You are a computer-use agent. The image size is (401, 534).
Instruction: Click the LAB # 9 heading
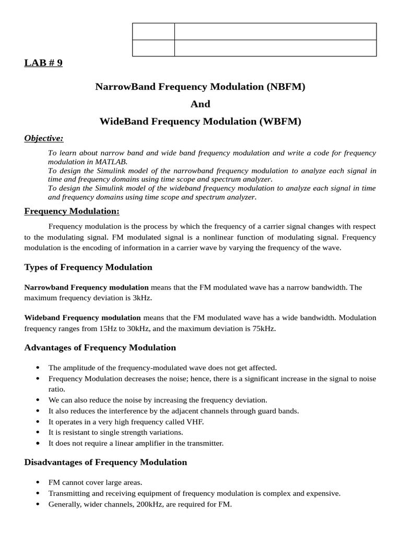tap(43, 63)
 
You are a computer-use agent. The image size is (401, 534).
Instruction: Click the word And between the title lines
tap(200, 104)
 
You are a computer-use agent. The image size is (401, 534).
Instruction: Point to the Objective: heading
tap(44, 138)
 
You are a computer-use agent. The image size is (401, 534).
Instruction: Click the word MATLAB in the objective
tap(112, 162)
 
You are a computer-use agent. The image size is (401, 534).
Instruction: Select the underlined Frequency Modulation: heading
tap(72, 211)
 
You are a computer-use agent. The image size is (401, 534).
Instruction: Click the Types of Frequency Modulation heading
tap(88, 268)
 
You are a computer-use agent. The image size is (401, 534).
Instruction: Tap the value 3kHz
tap(142, 298)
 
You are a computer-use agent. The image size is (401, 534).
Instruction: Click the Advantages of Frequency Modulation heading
tap(100, 348)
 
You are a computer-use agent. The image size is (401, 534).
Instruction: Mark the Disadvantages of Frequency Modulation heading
tap(105, 463)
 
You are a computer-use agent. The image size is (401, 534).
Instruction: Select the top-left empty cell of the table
tap(154, 31)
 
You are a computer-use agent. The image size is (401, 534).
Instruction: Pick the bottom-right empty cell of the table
tap(275, 48)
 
